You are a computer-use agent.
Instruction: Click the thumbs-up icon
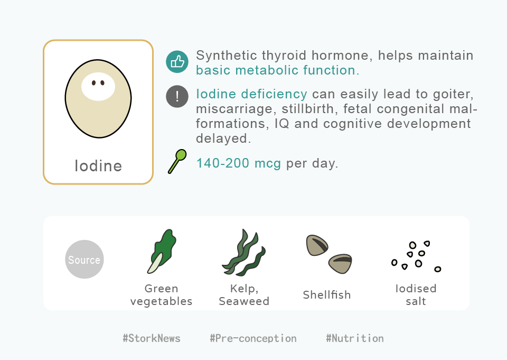(x=177, y=62)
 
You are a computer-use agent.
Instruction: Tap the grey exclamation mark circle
(x=177, y=96)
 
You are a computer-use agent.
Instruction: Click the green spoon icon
(x=177, y=161)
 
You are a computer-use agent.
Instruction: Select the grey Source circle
(x=84, y=260)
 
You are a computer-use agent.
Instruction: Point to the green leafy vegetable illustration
(x=162, y=251)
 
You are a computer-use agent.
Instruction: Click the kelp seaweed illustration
(x=244, y=253)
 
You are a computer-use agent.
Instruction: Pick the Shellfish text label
(x=327, y=294)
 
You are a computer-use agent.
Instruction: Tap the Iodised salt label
(x=416, y=294)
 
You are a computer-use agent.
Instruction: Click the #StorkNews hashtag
(x=152, y=338)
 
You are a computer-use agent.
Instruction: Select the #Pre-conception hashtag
(x=253, y=338)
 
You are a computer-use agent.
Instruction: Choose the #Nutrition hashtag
(x=355, y=338)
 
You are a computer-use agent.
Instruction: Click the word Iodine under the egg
(x=98, y=166)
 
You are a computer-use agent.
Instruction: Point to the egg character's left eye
(x=94, y=83)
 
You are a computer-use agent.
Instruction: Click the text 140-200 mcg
(x=239, y=163)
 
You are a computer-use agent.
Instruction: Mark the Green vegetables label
(x=162, y=294)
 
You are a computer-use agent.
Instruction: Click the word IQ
(x=281, y=124)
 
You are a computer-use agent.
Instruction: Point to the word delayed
(x=223, y=138)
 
